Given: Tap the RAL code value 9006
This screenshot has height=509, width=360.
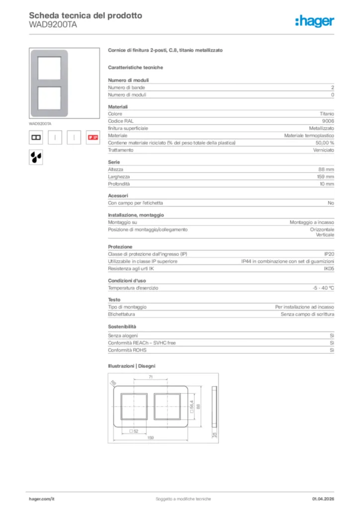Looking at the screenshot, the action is tap(328, 121).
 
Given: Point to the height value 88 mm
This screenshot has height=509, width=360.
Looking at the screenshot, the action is tap(326, 170).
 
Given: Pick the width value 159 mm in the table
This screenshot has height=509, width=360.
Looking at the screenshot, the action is tap(325, 176).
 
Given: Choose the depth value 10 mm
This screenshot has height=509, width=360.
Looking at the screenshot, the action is tap(326, 184).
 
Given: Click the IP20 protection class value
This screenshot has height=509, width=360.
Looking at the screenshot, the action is tap(329, 254).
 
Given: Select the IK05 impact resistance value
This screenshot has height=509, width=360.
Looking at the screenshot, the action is tap(329, 268).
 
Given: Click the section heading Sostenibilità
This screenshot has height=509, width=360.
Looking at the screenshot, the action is tap(122, 327).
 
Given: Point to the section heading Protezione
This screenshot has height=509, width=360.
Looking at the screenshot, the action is tap(120, 247).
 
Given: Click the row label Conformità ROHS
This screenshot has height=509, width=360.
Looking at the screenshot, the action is tap(124, 350).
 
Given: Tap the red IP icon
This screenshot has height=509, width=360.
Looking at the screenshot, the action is tap(92, 137).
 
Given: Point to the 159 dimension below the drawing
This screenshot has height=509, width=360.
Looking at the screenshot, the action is tap(150, 438).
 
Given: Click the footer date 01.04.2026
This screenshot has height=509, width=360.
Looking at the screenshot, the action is tap(323, 499).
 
